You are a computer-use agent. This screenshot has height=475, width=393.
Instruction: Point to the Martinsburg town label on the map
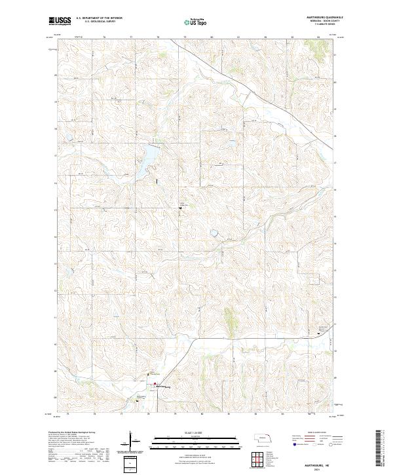(162, 387)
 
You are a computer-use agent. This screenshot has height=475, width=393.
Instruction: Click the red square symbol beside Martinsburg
(155, 384)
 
